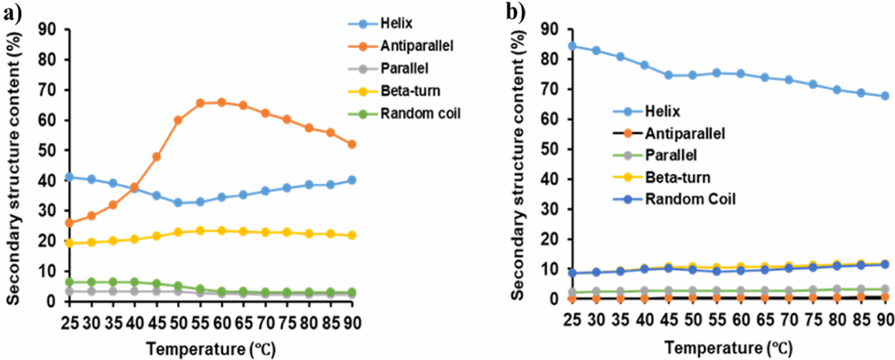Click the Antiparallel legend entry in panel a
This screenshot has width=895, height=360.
coord(416,46)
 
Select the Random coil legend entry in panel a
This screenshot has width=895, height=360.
coord(420,114)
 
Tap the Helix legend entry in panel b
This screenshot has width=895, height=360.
coord(662,112)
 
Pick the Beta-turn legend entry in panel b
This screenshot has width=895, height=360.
coord(677,178)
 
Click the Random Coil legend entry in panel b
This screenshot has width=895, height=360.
coord(690,199)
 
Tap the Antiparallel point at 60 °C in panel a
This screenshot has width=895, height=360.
coord(222,102)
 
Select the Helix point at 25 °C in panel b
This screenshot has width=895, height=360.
coord(572,46)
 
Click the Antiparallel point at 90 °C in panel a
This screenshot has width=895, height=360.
coord(352,144)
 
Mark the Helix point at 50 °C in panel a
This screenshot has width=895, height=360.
coord(178,203)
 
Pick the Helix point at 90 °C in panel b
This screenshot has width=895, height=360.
coord(885,96)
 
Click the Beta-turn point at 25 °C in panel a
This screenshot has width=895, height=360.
coord(69,243)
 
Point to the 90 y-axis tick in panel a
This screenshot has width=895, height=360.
coord(48,29)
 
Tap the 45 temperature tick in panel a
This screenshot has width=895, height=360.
coord(157,323)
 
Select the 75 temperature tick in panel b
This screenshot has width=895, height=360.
coord(813,320)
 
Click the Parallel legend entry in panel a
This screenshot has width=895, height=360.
coord(404,69)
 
